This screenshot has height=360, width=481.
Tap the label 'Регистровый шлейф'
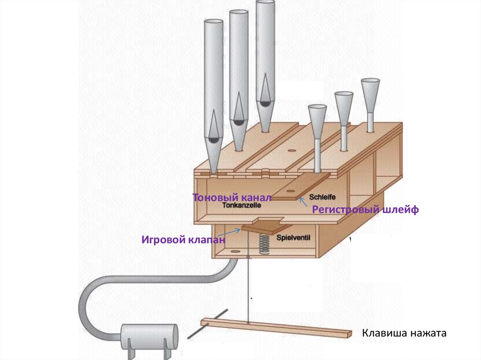(365, 210)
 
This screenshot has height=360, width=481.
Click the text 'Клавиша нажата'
(403, 334)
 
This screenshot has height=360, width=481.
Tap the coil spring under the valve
(264, 244)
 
